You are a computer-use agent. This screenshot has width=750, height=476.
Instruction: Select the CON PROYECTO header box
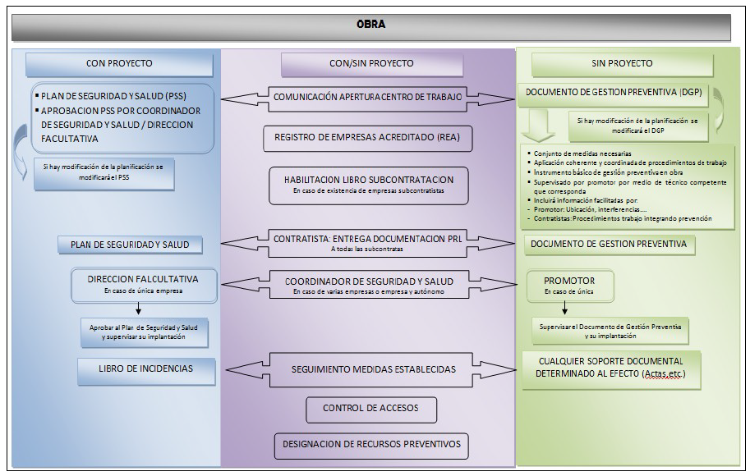(x=119, y=63)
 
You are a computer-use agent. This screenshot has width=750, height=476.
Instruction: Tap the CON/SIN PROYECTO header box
(x=371, y=63)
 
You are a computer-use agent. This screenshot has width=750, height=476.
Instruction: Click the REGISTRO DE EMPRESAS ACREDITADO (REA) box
(x=368, y=139)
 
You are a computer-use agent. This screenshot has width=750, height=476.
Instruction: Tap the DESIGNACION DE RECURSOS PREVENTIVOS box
(x=371, y=445)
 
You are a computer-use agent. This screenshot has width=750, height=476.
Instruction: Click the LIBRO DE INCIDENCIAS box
(x=147, y=369)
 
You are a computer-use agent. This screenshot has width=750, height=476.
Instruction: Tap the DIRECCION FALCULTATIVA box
(x=144, y=282)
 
